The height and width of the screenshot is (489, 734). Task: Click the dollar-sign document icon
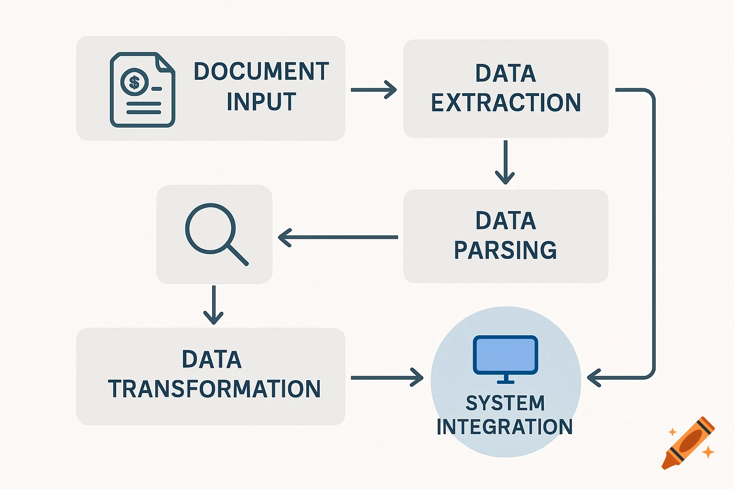click(x=142, y=90)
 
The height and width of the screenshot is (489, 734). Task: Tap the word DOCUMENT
click(x=261, y=72)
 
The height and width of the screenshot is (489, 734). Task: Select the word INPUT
click(x=261, y=102)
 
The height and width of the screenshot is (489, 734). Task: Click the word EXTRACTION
click(x=506, y=103)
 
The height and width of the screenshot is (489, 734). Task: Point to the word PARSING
click(x=505, y=250)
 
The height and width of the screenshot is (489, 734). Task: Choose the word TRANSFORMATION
click(x=214, y=389)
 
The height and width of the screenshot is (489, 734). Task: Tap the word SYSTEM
click(x=505, y=403)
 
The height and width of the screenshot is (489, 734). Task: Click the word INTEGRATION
click(x=505, y=426)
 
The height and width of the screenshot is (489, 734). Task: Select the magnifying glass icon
click(x=216, y=234)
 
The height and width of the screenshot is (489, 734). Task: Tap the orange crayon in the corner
click(x=688, y=443)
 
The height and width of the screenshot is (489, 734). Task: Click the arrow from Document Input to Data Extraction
click(x=373, y=90)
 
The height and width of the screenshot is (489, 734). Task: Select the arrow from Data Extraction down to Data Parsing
click(x=505, y=162)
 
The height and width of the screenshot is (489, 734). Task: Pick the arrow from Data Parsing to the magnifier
click(x=338, y=237)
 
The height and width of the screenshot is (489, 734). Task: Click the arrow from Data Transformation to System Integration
click(x=387, y=378)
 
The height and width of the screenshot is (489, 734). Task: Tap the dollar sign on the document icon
click(x=134, y=82)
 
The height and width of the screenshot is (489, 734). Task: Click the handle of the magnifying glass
click(x=237, y=254)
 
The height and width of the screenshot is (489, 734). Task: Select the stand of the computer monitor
click(x=506, y=379)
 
